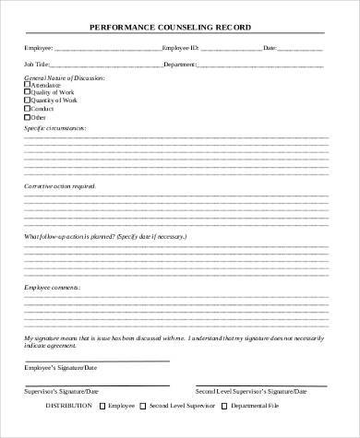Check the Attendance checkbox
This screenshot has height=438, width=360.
tap(28, 85)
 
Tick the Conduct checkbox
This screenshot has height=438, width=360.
tap(28, 110)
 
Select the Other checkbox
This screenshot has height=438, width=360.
tap(28, 118)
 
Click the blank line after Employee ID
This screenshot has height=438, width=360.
tap(226, 46)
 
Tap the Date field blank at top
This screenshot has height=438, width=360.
tap(300, 46)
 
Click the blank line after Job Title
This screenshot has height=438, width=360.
tap(106, 65)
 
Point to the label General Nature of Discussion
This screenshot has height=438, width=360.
tap(65, 77)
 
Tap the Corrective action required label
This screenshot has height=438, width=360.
tap(59, 186)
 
